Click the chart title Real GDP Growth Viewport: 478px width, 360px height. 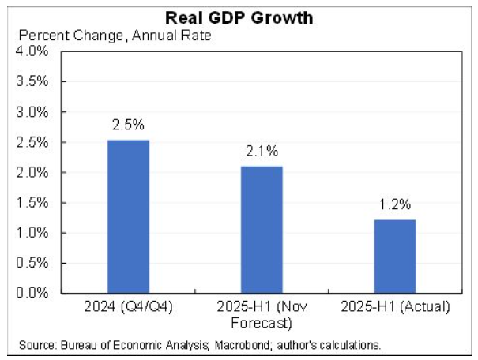pos(239,18)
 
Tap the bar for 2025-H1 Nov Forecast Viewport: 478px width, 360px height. pos(262,229)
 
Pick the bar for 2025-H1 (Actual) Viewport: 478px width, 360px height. pos(395,256)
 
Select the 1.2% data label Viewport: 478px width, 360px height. pos(395,205)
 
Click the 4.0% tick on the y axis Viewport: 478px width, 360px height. pos(33,51)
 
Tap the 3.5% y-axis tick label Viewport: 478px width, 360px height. pos(33,81)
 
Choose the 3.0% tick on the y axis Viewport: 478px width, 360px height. pos(33,112)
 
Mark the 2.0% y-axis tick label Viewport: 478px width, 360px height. pos(33,172)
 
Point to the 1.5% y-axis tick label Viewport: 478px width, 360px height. pos(33,203)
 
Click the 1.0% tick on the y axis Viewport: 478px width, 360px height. pos(33,233)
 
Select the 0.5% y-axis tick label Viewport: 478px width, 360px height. pos(33,263)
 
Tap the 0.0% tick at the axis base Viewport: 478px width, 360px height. pos(33,293)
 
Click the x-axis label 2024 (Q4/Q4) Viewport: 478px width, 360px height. pos(128,306)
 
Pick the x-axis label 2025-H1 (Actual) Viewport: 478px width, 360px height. pos(395,306)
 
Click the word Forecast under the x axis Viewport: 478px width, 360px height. pos(262,321)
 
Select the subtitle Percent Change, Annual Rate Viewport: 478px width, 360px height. pos(115,36)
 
